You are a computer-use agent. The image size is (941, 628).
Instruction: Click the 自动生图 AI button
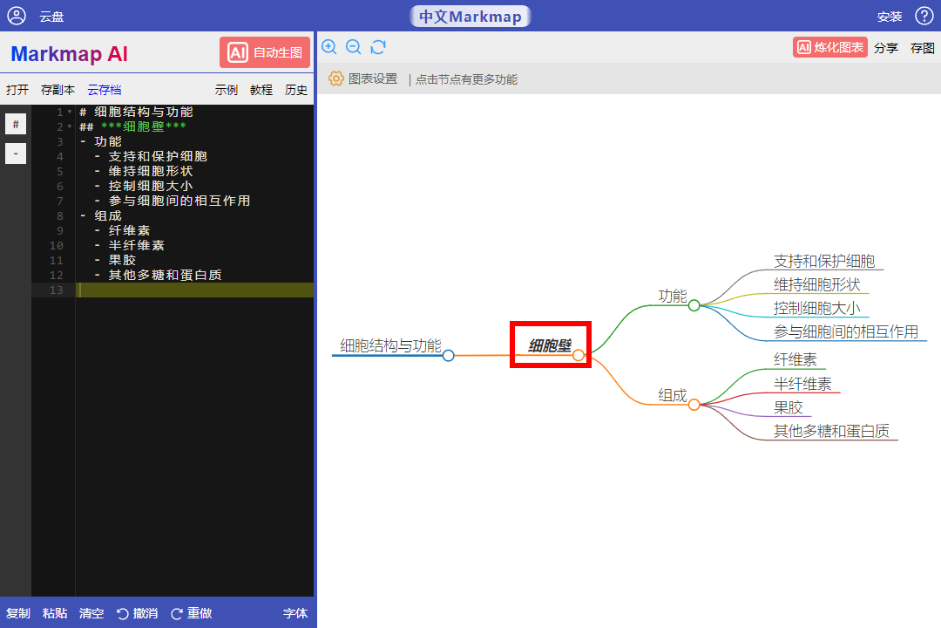click(265, 53)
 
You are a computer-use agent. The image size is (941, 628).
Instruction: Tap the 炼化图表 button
click(830, 47)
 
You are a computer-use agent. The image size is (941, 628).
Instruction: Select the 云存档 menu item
click(105, 90)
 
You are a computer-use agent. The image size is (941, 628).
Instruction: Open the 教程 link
click(261, 90)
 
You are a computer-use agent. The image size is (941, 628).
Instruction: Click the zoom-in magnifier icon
click(328, 47)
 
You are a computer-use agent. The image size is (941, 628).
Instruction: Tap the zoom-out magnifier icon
click(354, 47)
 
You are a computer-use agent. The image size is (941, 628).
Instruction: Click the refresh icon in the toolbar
click(378, 47)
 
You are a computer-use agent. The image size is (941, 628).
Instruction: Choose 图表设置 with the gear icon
click(363, 78)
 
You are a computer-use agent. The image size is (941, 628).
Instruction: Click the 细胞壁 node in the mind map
click(549, 345)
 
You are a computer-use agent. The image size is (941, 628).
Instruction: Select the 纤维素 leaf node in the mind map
click(795, 360)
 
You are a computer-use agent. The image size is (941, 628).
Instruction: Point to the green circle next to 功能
click(694, 305)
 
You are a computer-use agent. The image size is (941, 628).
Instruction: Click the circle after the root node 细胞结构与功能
click(449, 356)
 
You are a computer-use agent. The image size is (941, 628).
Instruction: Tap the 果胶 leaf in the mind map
click(788, 407)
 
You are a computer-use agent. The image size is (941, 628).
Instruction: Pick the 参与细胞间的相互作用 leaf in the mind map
click(846, 331)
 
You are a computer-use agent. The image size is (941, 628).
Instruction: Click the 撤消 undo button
click(138, 613)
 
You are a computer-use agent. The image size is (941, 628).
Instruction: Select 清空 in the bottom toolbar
click(91, 613)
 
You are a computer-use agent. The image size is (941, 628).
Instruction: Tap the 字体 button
click(295, 613)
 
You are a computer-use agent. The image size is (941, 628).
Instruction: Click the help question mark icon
click(924, 16)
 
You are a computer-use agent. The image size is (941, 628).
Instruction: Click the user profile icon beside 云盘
click(17, 16)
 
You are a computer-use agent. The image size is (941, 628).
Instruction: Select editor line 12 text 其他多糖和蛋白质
click(165, 276)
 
